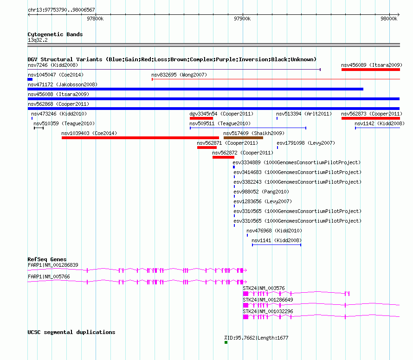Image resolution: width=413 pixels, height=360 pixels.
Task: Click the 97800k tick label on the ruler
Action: [x=95, y=19]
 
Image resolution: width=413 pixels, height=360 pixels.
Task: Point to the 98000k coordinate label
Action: [x=389, y=19]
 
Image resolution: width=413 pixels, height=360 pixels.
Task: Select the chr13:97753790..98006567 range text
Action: [x=61, y=10]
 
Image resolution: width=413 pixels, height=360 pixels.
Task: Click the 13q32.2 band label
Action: [x=38, y=40]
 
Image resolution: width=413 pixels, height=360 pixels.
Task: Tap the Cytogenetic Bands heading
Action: [x=55, y=34]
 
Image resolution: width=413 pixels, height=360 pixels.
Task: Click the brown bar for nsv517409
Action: [x=243, y=138]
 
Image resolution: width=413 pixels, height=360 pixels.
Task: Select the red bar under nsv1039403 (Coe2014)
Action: [x=140, y=138]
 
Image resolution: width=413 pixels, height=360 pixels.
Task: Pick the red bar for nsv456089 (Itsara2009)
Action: [x=371, y=70]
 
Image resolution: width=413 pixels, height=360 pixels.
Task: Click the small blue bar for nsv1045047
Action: [x=30, y=79]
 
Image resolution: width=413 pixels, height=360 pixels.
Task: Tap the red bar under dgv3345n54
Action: [x=201, y=118]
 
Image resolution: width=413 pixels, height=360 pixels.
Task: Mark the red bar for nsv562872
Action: [x=223, y=157]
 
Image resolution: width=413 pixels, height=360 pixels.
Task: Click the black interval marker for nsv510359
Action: [x=39, y=128]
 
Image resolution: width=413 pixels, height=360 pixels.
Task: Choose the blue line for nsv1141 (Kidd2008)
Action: [x=277, y=245]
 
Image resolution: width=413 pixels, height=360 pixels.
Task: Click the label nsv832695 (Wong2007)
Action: [x=179, y=75]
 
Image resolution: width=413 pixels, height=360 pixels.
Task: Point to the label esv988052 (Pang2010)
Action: [x=261, y=192]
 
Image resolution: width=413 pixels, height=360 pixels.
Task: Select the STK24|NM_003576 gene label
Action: [x=264, y=288]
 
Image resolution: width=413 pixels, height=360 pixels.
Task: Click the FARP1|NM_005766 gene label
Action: [x=49, y=276]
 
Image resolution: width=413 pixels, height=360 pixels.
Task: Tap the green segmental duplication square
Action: [x=226, y=342]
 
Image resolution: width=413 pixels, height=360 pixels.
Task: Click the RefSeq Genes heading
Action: [x=47, y=259]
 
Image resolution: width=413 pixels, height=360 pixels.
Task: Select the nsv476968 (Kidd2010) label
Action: [x=274, y=231]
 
